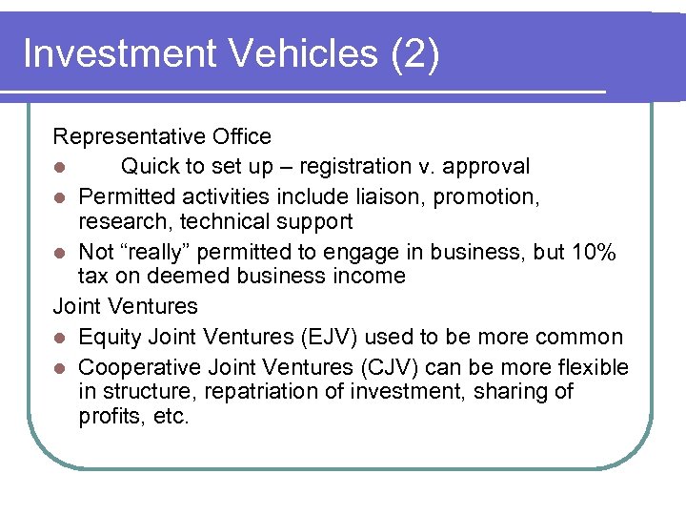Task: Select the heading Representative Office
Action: (162, 137)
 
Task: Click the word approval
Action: (485, 167)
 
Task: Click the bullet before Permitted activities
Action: (59, 197)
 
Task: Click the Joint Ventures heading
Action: (125, 306)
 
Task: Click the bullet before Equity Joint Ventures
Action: (59, 338)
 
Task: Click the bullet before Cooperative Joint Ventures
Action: (59, 368)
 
